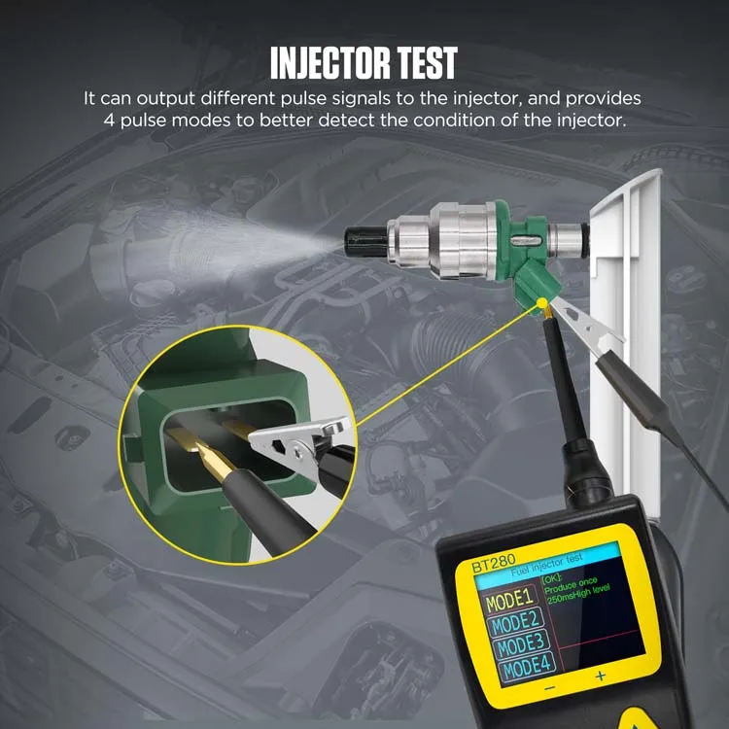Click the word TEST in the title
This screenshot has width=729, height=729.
click(425, 63)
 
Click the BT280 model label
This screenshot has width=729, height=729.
click(494, 565)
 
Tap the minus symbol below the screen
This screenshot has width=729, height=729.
click(549, 687)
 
